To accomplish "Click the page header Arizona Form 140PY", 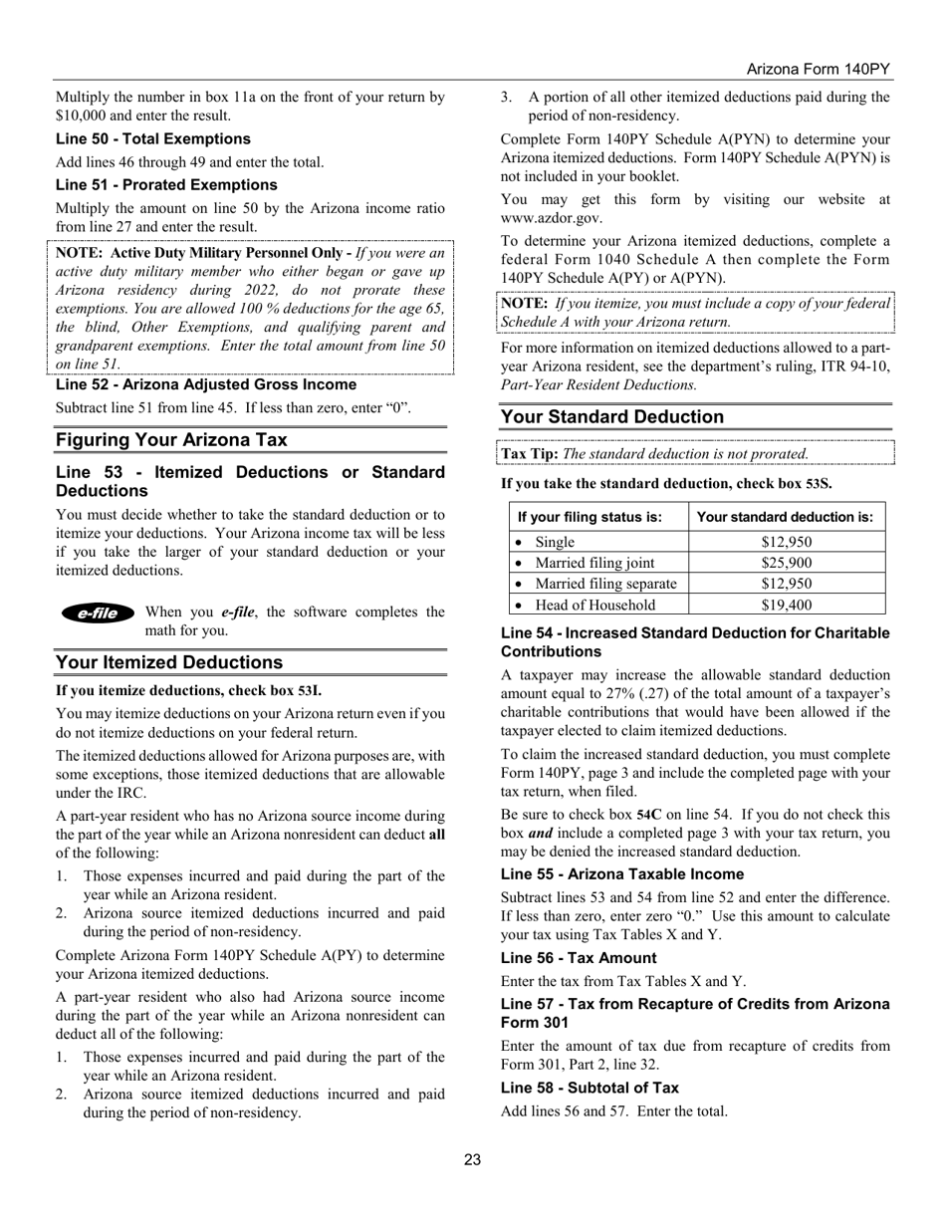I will (818, 70).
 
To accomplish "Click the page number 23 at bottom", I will (472, 1158).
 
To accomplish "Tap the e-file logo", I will (98, 613).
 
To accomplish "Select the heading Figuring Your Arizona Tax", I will (171, 440).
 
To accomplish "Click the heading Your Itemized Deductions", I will (169, 662).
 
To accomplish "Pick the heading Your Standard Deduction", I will (612, 416).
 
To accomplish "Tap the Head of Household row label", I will (595, 605).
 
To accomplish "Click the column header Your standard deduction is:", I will (785, 517).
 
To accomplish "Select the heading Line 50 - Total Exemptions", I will (153, 138).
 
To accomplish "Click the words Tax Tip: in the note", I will (530, 453).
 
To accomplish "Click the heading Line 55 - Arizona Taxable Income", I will (622, 873).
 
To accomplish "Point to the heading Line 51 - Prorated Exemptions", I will (166, 184).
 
